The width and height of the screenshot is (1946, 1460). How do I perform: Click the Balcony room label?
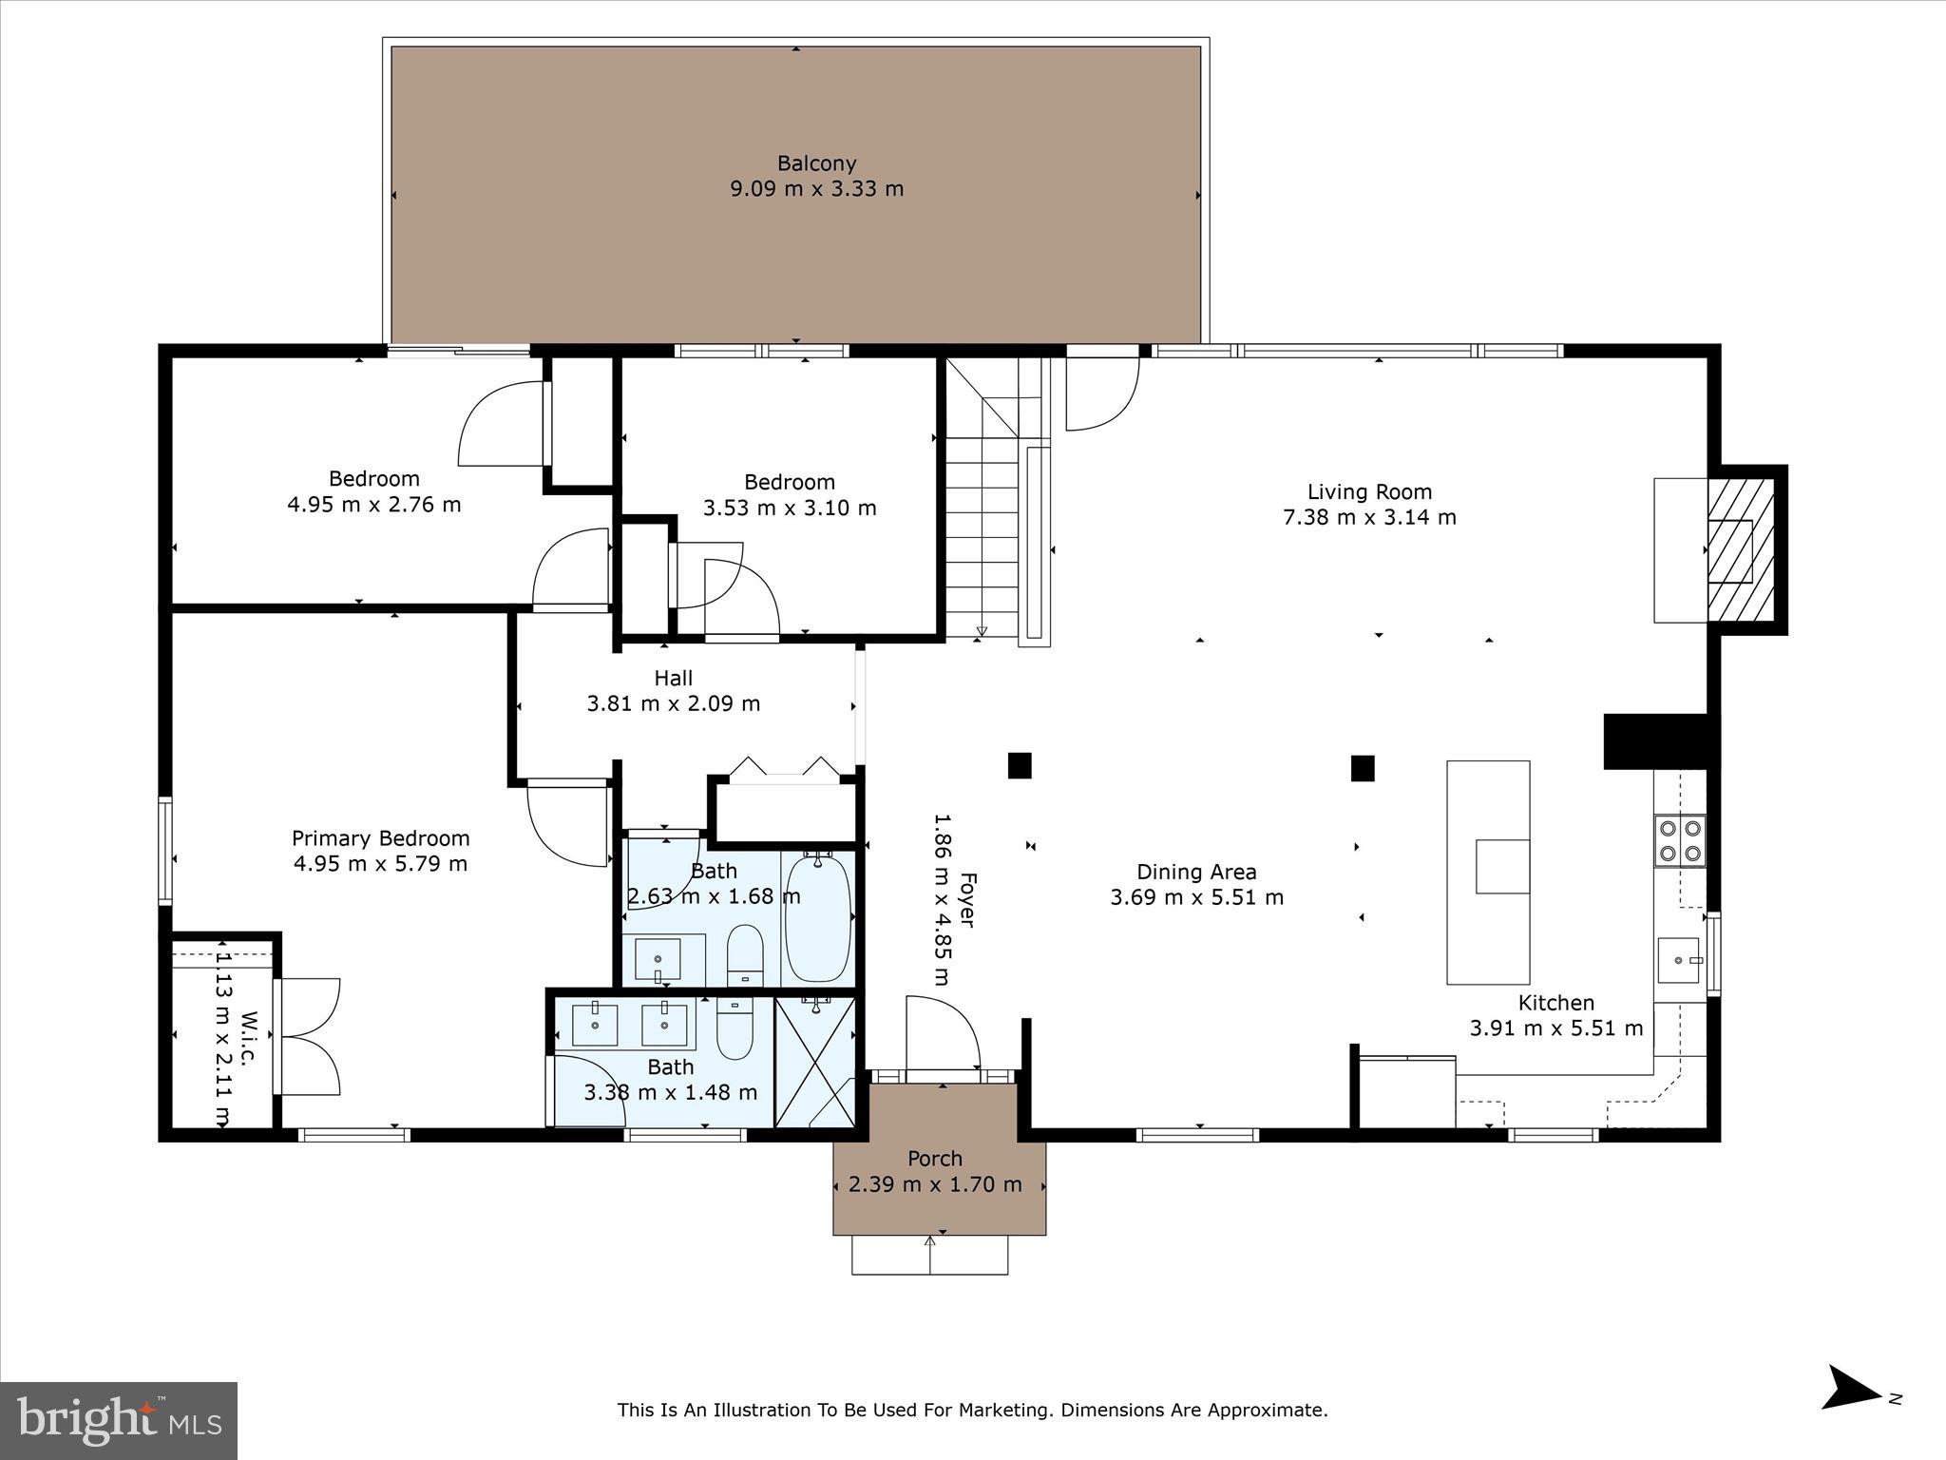tap(816, 163)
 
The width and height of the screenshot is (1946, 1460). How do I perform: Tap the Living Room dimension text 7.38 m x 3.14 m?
tap(1369, 517)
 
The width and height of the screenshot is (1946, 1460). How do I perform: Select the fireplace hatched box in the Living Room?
tap(1740, 550)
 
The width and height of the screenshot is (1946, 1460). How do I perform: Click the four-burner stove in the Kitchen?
tap(1679, 840)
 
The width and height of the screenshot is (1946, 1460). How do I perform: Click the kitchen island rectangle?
tap(1487, 872)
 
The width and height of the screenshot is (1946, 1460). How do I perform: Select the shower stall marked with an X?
tap(815, 1062)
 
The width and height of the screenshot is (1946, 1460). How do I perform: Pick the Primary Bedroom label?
tap(380, 838)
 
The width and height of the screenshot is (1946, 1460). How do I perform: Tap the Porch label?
tap(935, 1159)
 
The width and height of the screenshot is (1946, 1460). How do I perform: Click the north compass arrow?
tap(1850, 1413)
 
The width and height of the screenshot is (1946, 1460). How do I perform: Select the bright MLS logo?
tap(118, 1420)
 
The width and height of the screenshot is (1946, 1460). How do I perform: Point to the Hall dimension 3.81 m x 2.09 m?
tap(673, 704)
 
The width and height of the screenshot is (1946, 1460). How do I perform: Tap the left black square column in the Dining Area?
tap(1020, 765)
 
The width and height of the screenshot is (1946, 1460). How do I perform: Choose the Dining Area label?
tap(1196, 872)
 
